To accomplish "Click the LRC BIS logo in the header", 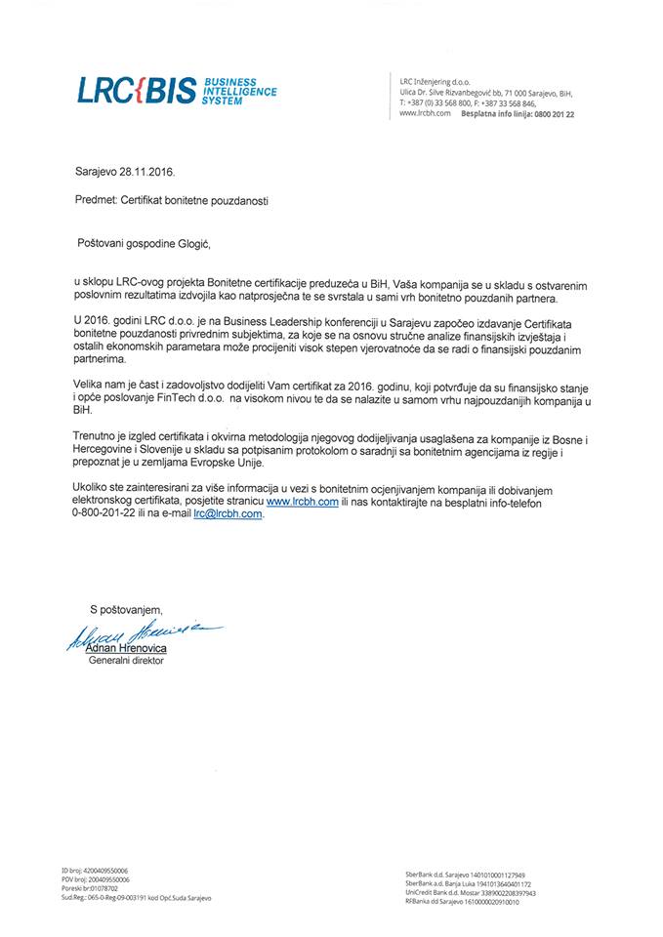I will [176, 90].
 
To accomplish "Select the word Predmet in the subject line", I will [95, 199].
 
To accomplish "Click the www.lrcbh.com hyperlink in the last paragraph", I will [302, 501].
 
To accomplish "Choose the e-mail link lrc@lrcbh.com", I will [228, 513].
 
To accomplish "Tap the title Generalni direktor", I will [127, 660].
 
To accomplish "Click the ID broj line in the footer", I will [95, 870].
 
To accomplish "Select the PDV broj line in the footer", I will [95, 878].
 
